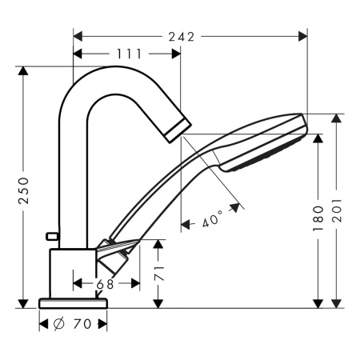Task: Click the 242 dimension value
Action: coord(189,36)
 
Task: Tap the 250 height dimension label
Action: coord(23,187)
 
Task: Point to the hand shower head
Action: coord(264,142)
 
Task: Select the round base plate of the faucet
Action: coord(73,303)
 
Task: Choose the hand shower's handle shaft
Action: coord(160,196)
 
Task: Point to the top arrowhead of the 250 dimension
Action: coord(23,72)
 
